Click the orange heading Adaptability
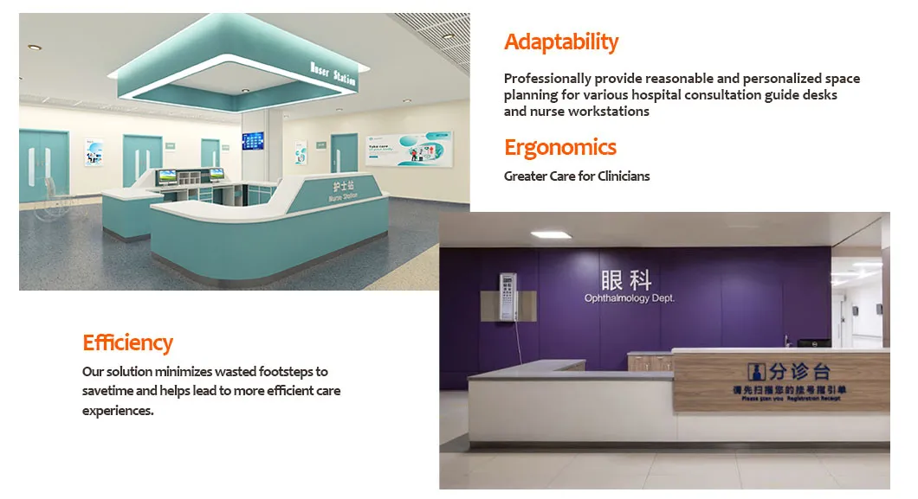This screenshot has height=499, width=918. (x=561, y=42)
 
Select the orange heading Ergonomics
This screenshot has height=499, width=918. (x=560, y=147)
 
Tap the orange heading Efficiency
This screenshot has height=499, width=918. (x=127, y=342)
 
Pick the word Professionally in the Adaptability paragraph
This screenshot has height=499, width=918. (x=546, y=79)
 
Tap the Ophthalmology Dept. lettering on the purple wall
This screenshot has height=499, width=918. (x=629, y=298)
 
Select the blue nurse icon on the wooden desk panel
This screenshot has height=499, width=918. (x=756, y=370)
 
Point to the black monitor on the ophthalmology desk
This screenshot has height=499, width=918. (x=813, y=343)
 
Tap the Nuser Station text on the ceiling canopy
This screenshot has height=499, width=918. (x=333, y=74)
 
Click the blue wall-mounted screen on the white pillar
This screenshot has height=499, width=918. (x=254, y=140)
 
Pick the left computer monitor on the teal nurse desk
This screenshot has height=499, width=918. (x=166, y=176)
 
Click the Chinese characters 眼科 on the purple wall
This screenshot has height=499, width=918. (x=626, y=280)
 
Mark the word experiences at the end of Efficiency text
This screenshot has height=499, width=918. (x=118, y=411)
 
